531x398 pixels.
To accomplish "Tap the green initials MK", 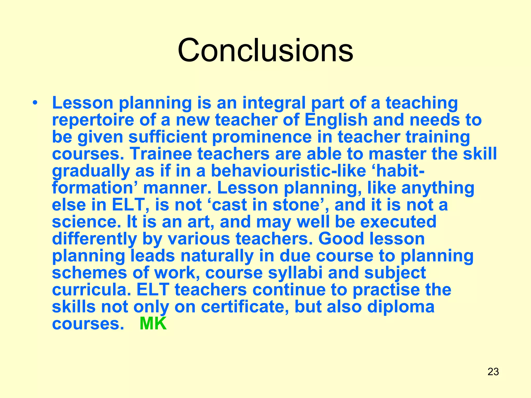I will click(153, 324).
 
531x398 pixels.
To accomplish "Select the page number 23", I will click(493, 372).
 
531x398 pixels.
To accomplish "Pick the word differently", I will click(94, 239).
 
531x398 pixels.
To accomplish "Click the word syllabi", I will click(295, 273).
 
